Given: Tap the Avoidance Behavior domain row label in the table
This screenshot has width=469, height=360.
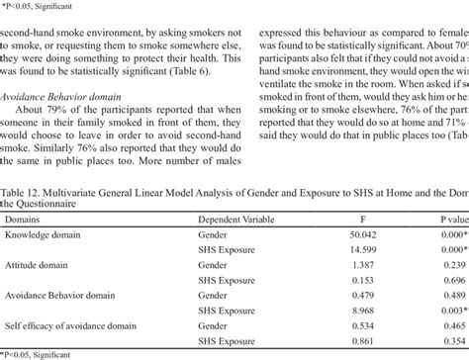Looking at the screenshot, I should [x=61, y=323].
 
